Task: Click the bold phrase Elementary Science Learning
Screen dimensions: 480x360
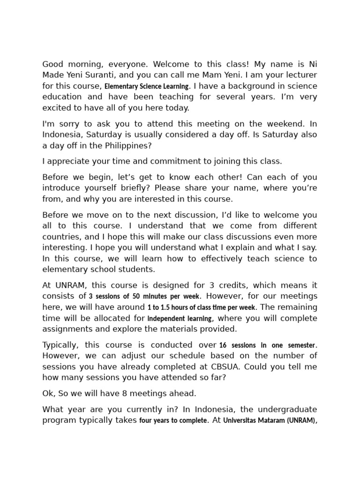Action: coord(147,86)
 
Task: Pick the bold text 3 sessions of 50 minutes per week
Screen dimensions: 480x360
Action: coord(145,296)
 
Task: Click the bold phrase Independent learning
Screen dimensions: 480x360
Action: coord(180,318)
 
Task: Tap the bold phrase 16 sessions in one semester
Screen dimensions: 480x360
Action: coord(267,345)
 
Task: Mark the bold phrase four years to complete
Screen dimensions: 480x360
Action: coord(173,420)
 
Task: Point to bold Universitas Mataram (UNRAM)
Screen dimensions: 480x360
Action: coord(270,420)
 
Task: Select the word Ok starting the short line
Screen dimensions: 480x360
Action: coord(48,393)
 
